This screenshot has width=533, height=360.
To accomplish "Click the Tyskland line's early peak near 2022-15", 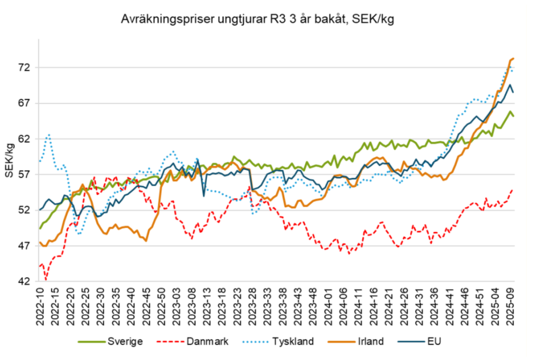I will pyautogui.click(x=49, y=134).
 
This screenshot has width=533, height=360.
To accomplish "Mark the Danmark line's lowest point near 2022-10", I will pyautogui.click(x=46, y=279).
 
